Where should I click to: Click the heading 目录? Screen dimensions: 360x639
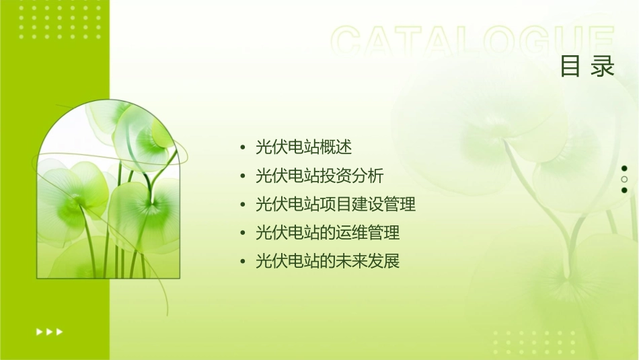pos(587,67)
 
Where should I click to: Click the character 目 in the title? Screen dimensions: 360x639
pos(571,67)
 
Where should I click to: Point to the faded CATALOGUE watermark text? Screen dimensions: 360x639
pos(472,42)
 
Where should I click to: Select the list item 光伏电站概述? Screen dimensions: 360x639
pos(303,147)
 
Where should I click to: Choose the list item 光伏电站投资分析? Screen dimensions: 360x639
pos(319,176)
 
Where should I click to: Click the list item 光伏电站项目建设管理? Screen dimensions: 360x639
pos(336,204)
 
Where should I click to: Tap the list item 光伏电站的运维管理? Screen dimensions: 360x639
pos(328,233)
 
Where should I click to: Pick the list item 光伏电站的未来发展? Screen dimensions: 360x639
pos(328,261)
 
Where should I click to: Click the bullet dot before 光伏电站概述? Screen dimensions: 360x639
pos(243,147)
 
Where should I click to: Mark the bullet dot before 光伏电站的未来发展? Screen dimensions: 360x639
pos(243,262)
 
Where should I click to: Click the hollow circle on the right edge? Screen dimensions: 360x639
pos(624,180)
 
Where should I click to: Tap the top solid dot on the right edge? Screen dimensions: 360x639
pos(624,168)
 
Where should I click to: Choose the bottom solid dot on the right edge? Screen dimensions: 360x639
pos(624,190)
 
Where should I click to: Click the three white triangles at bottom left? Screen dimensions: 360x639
pos(49,332)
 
